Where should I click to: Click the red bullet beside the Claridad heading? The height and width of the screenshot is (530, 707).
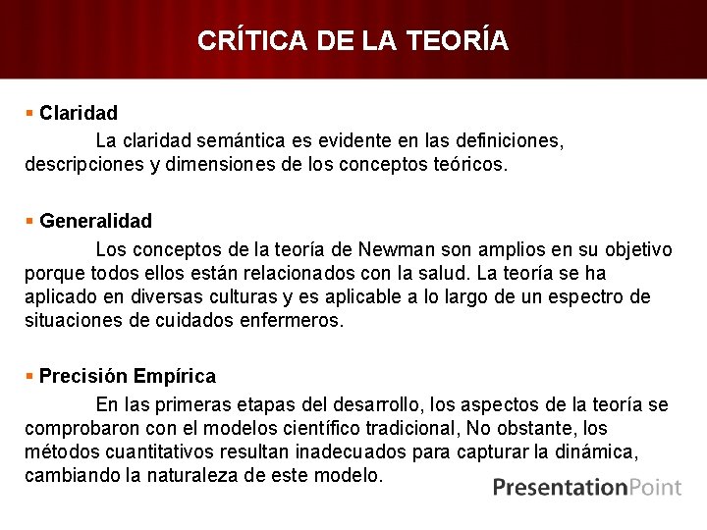30,114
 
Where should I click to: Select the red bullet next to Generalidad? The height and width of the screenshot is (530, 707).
30,222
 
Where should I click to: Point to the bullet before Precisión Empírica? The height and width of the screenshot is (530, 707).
30,376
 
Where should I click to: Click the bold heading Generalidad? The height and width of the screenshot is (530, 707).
96,222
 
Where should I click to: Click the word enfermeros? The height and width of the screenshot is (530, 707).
292,320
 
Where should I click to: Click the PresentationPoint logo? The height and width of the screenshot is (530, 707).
587,488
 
